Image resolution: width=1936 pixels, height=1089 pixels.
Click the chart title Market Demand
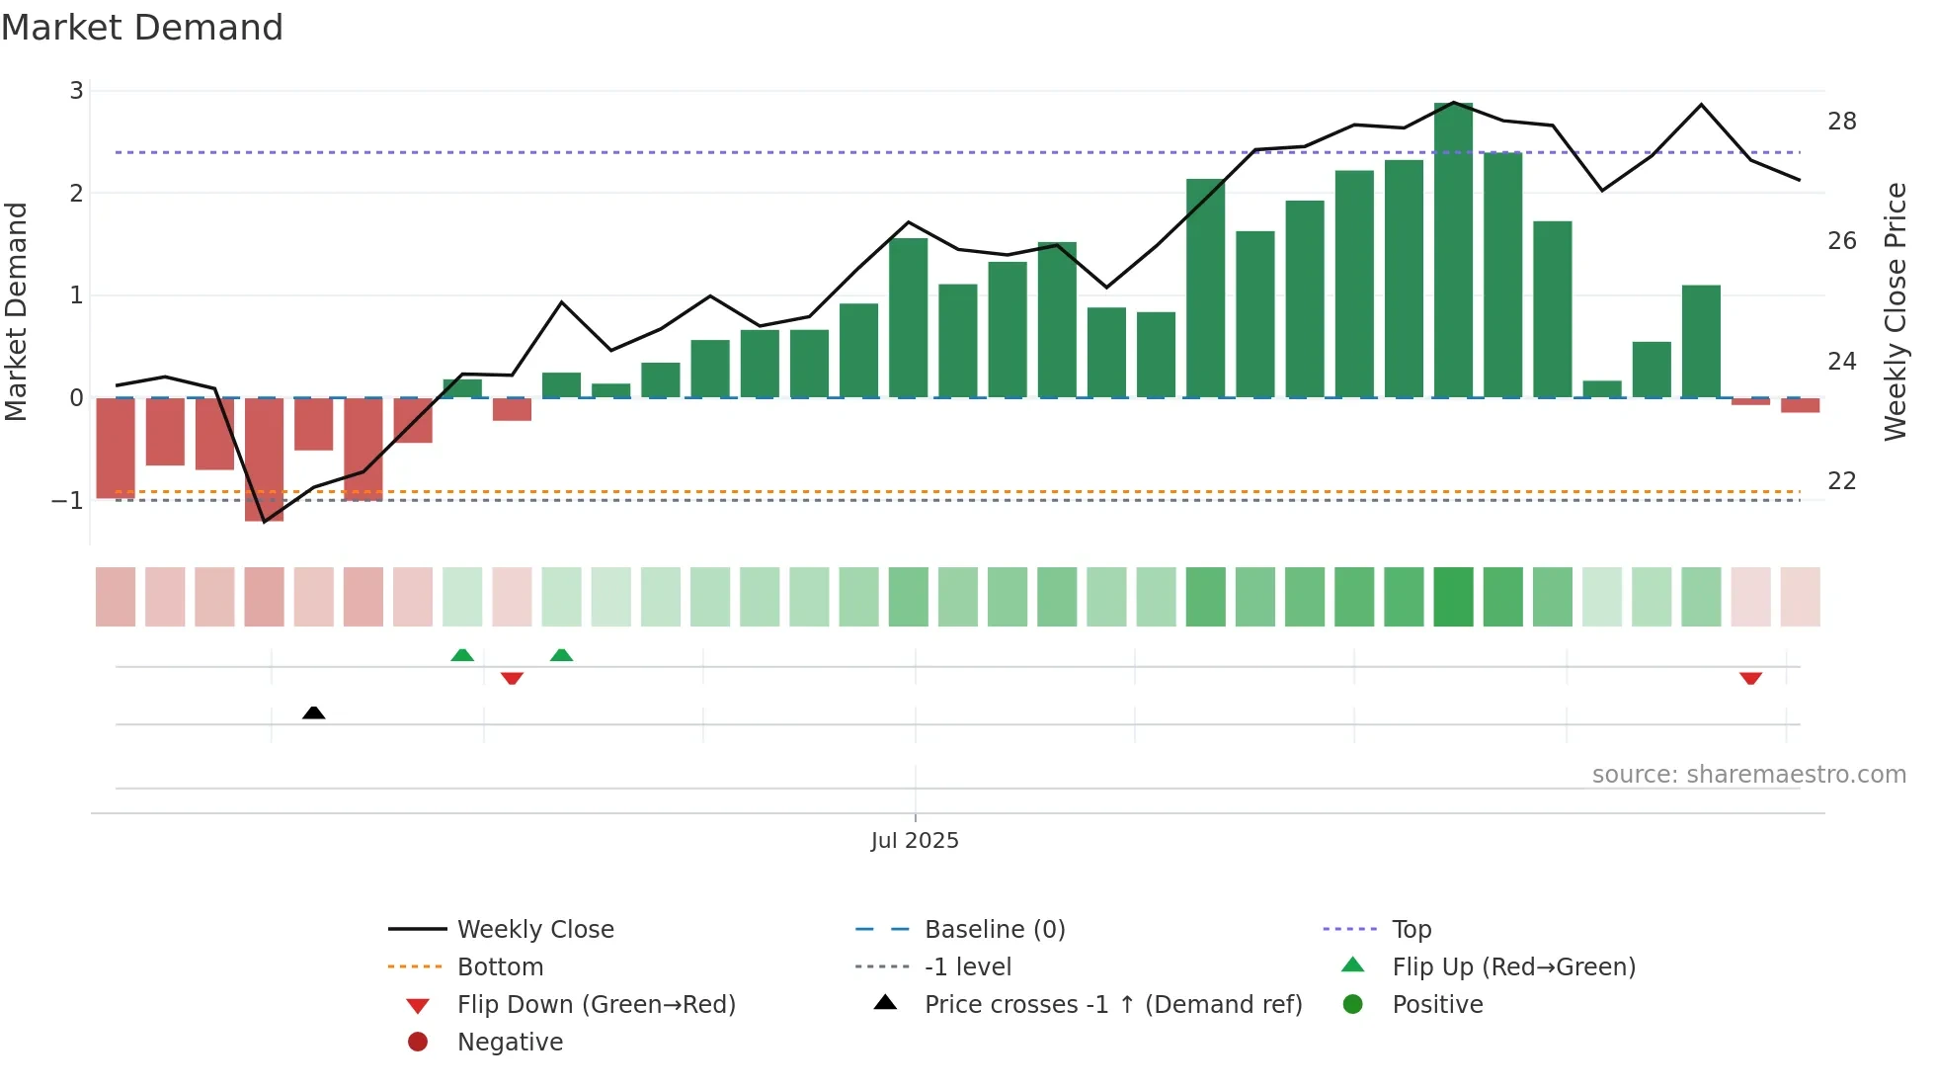pyautogui.click(x=142, y=28)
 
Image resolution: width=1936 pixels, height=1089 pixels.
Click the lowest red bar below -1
pyautogui.click(x=264, y=460)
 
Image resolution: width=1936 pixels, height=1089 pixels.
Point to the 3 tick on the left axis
pyautogui.click(x=76, y=91)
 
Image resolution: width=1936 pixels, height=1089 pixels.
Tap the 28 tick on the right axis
pyautogui.click(x=1841, y=122)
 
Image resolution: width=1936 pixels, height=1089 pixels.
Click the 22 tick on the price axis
pyautogui.click(x=1841, y=481)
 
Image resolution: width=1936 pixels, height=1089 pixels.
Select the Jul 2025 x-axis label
pyautogui.click(x=915, y=840)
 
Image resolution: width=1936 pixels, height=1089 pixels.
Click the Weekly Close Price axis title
pyautogui.click(x=1895, y=311)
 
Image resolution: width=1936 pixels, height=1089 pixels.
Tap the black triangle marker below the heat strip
pyautogui.click(x=313, y=712)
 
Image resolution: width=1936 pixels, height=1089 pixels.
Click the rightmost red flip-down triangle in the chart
pyautogui.click(x=1750, y=678)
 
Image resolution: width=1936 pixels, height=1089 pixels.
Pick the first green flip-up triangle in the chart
pyautogui.click(x=462, y=655)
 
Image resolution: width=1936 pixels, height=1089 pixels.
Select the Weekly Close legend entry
pyautogui.click(x=534, y=929)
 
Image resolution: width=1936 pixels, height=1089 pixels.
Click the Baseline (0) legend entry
pyautogui.click(x=994, y=929)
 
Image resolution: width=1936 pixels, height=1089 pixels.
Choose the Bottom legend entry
pyautogui.click(x=500, y=966)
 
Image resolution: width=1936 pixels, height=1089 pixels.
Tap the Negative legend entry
pyautogui.click(x=510, y=1042)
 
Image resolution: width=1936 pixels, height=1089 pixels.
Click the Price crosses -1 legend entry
pyautogui.click(x=1112, y=1004)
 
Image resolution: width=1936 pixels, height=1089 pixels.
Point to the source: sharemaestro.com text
pyautogui.click(x=1748, y=774)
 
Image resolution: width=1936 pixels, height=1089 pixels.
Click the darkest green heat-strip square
pyautogui.click(x=1453, y=597)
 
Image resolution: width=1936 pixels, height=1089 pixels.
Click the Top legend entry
pyautogui.click(x=1411, y=929)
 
